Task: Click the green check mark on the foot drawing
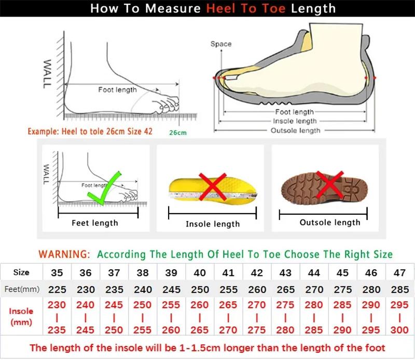(104, 186)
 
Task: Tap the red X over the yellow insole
(213, 186)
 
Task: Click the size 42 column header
(256, 272)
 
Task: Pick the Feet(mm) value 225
(57, 289)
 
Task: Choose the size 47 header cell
(399, 272)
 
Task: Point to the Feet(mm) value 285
(399, 289)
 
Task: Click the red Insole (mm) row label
(21, 316)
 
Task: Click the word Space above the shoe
(221, 44)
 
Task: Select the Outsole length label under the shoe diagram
(295, 131)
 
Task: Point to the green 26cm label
(177, 133)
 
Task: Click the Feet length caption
(94, 223)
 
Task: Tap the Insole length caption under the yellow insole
(213, 224)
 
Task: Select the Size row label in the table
(21, 272)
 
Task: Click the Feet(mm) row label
(21, 289)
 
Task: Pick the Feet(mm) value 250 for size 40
(199, 289)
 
